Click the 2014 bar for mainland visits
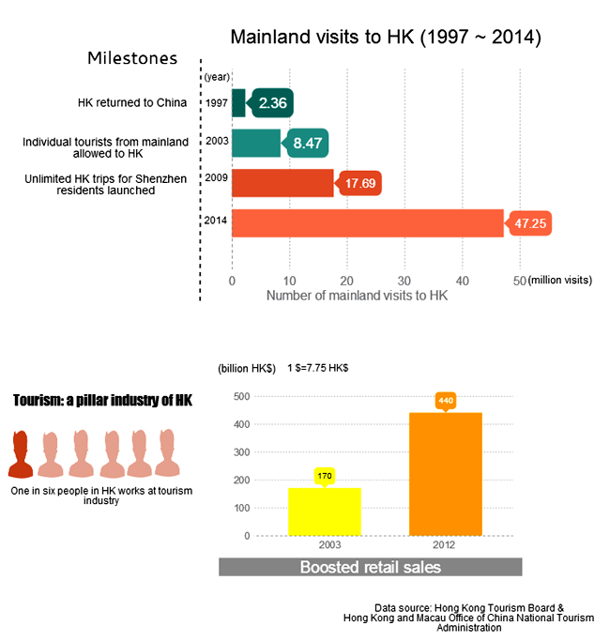pyautogui.click(x=367, y=223)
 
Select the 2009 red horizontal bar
pyautogui.click(x=282, y=183)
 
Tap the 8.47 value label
pyautogui.click(x=308, y=144)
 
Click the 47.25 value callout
pyautogui.click(x=527, y=224)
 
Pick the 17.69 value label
pyautogui.click(x=360, y=183)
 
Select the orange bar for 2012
pyautogui.click(x=445, y=474)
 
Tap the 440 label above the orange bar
pyautogui.click(x=446, y=401)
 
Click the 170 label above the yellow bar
pyautogui.click(x=325, y=476)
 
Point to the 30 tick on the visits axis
pyautogui.click(x=404, y=280)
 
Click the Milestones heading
pyautogui.click(x=132, y=58)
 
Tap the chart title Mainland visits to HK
pyautogui.click(x=386, y=38)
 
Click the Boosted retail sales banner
pyautogui.click(x=370, y=567)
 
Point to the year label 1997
pyautogui.click(x=216, y=103)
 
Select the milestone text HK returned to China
pyautogui.click(x=132, y=102)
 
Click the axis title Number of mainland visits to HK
pyautogui.click(x=358, y=296)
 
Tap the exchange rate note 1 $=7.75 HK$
pyautogui.click(x=318, y=368)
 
